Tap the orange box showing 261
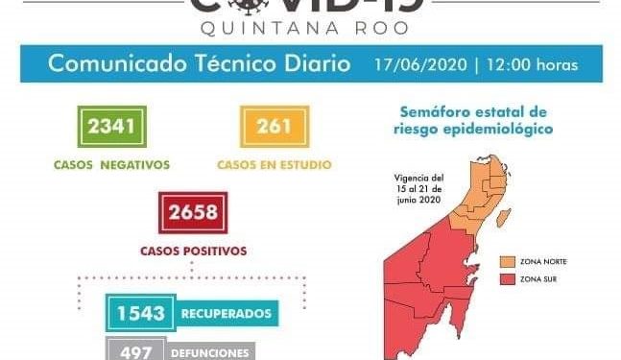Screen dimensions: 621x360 click(275, 125)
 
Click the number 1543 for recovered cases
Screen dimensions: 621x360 click(142, 313)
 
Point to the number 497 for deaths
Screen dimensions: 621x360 click(134, 351)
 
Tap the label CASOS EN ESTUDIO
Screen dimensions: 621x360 click(275, 164)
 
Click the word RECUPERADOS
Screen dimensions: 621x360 click(227, 313)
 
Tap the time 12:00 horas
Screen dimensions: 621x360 click(534, 66)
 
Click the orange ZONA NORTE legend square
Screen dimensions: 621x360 click(507, 260)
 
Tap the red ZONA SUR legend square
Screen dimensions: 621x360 click(507, 279)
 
